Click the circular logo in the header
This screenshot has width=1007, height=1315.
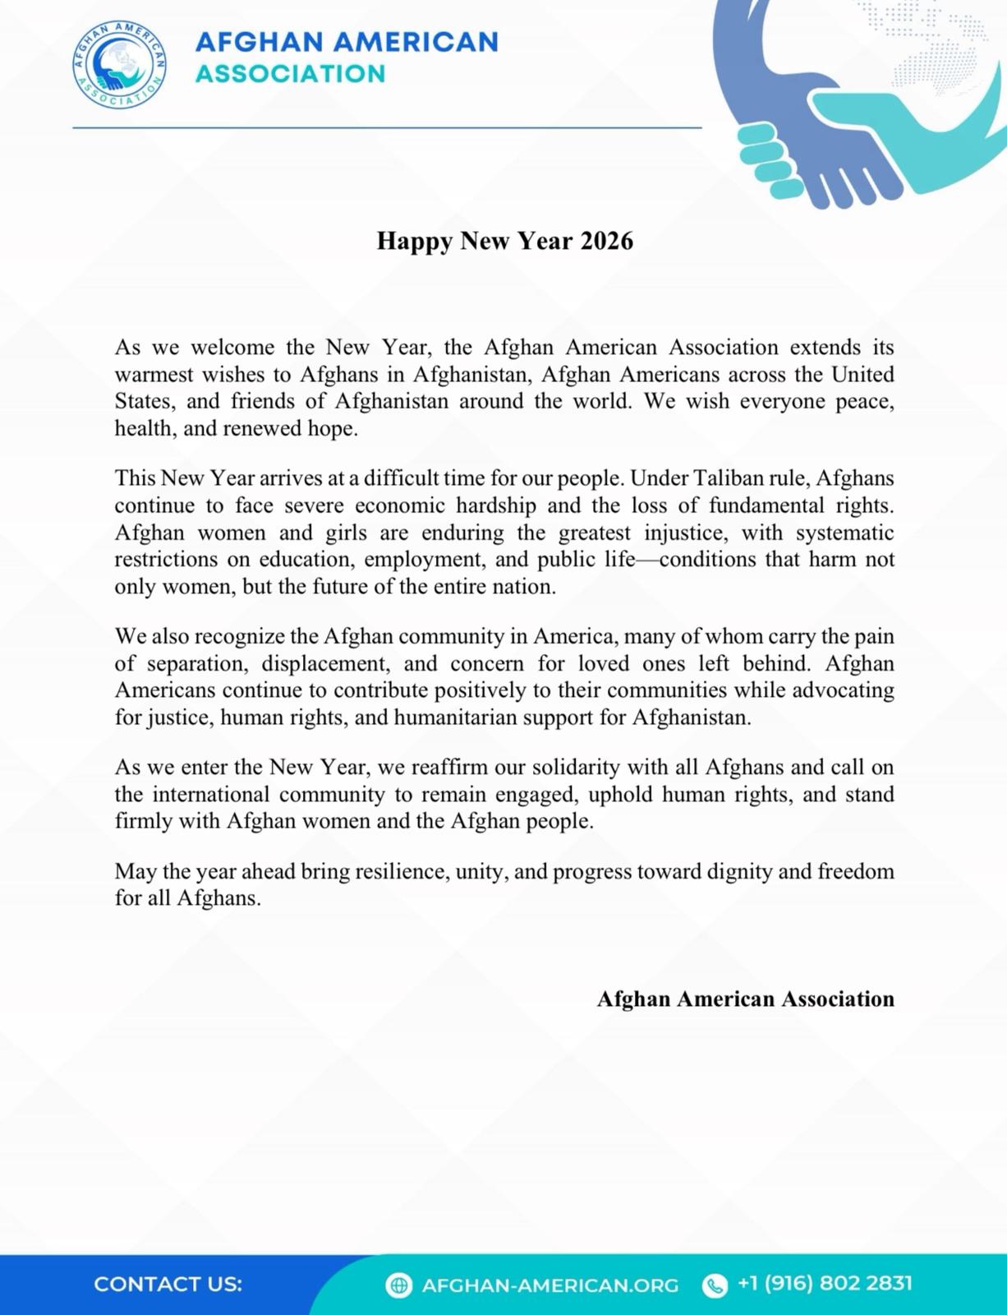tap(120, 65)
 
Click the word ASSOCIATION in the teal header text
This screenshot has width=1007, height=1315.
tap(290, 74)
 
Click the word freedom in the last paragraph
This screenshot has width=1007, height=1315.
tap(856, 871)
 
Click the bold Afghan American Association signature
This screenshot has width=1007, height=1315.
tap(745, 999)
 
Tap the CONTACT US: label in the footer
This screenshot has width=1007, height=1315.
tap(168, 1284)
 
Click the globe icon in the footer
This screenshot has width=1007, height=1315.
tap(398, 1285)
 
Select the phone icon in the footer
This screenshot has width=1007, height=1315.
tap(715, 1285)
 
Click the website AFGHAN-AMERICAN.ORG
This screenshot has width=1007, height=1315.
tap(549, 1285)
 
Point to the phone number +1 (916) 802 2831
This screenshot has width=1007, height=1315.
tap(825, 1283)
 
